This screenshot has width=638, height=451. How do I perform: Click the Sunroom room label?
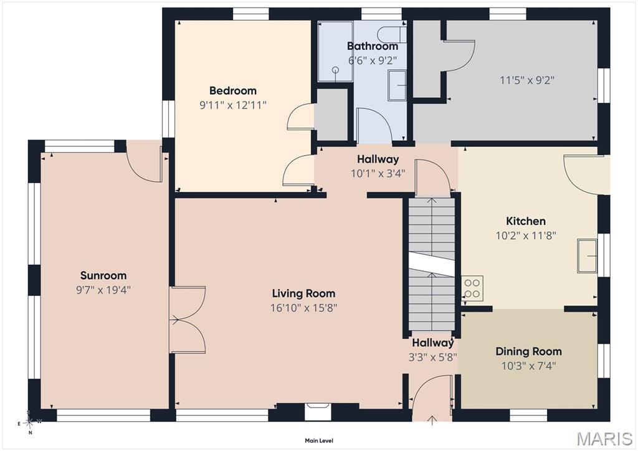(103, 275)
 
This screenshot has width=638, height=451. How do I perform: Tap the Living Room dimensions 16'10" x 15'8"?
(304, 308)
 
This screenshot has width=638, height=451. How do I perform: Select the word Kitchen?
(526, 221)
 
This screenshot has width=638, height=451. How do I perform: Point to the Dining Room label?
(528, 351)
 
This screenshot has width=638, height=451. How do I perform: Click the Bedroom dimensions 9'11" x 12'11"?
(233, 105)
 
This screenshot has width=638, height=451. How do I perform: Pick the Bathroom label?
(373, 46)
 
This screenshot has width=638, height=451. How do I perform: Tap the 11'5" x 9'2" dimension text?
(527, 80)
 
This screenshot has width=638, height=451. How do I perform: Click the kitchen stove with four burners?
(472, 288)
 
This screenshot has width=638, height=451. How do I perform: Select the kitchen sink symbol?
(587, 256)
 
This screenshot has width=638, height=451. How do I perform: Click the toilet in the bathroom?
(391, 34)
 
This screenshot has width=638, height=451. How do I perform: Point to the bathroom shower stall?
(335, 52)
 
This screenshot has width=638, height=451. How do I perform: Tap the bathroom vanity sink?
(397, 85)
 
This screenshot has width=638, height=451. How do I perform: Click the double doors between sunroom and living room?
(187, 320)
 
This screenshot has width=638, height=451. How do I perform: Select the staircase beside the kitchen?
(432, 264)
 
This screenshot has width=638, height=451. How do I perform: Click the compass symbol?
(29, 422)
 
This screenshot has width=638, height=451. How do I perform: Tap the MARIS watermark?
(605, 439)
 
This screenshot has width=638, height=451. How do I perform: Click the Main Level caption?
(319, 440)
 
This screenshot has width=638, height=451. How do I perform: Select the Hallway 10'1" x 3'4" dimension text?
(378, 174)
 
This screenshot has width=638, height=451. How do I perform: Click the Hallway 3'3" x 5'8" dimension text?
(433, 357)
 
